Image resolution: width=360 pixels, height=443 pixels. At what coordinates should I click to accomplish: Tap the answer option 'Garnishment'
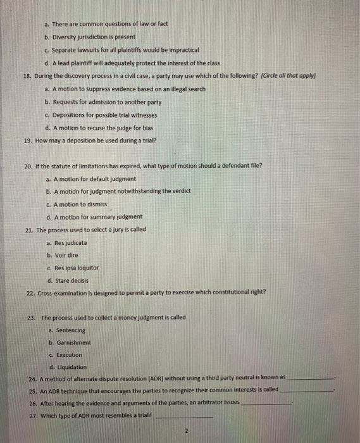pos(72,342)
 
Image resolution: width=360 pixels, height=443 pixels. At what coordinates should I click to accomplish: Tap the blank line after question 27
pos(184,416)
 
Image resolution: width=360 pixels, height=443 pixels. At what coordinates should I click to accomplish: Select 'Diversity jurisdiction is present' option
pos(94,37)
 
